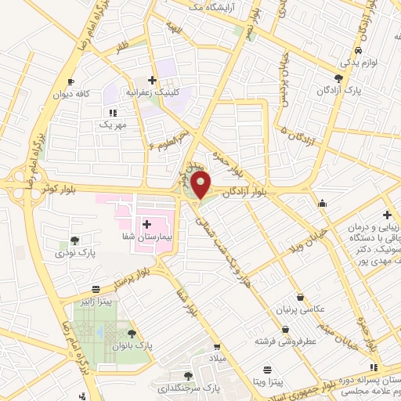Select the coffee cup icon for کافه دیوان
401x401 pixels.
(x=71, y=81)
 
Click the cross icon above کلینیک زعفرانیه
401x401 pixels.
(x=153, y=79)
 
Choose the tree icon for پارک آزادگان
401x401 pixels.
(x=338, y=78)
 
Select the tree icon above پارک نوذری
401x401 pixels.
(x=74, y=240)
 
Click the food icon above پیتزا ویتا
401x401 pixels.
(x=268, y=369)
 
